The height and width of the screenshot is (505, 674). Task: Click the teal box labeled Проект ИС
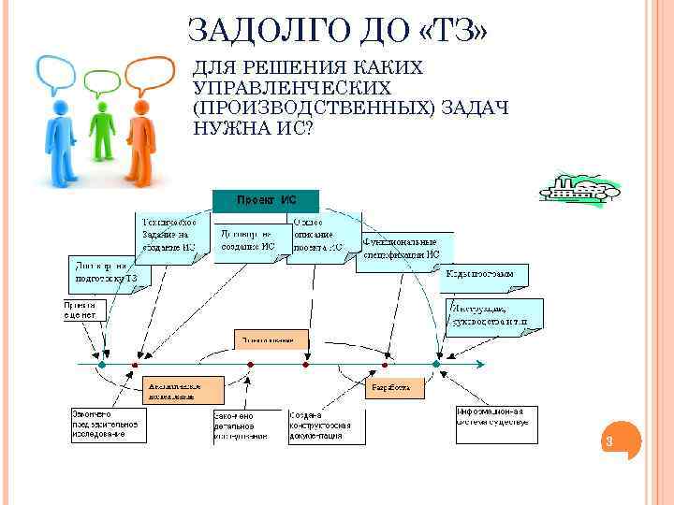click(x=266, y=200)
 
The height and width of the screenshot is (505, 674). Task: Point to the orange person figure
click(x=140, y=131)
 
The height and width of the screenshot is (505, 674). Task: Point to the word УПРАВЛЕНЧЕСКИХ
click(x=292, y=88)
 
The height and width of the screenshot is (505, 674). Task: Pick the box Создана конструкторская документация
click(x=322, y=426)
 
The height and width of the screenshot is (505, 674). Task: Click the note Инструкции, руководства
click(x=494, y=313)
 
